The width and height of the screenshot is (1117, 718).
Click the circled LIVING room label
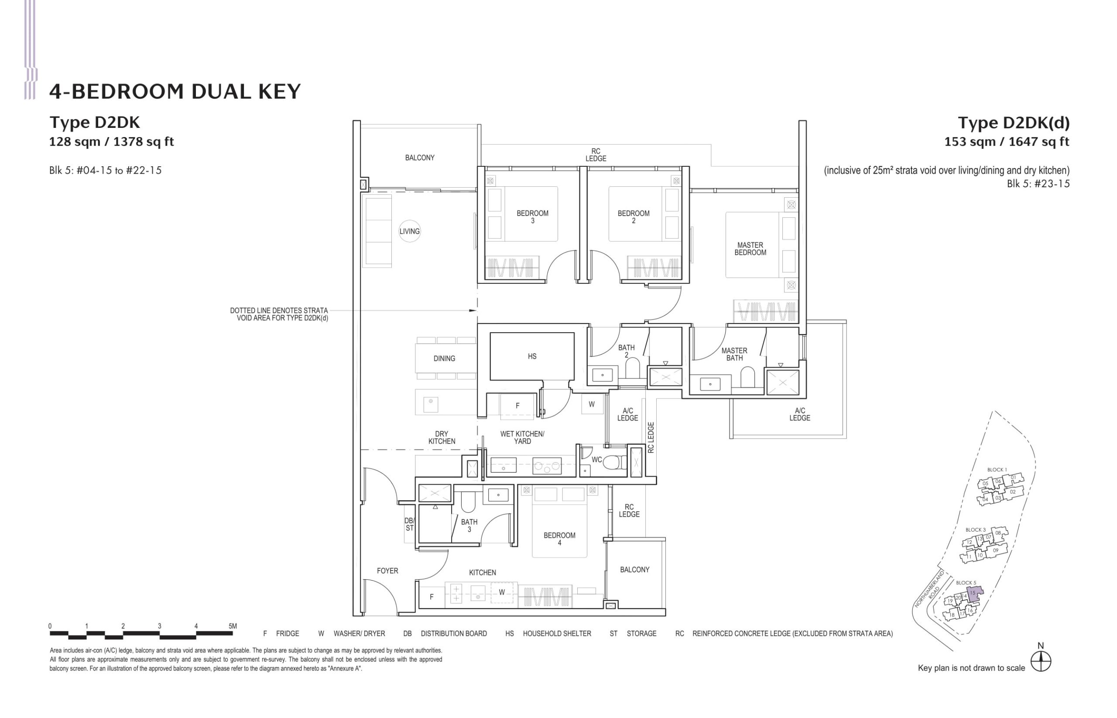409,231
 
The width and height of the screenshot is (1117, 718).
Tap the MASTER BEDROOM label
750,248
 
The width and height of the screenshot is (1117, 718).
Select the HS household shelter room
532,356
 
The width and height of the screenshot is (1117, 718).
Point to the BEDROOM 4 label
559,539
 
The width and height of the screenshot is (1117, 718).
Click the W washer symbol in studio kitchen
501,592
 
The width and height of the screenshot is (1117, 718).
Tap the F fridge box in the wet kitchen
517,405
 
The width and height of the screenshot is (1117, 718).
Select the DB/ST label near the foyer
409,524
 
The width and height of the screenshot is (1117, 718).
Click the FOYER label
387,570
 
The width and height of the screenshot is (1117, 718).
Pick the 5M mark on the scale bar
233,626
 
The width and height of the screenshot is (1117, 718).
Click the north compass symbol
1041,661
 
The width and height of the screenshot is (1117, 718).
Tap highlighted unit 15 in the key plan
974,594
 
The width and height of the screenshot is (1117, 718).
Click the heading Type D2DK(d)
1013,123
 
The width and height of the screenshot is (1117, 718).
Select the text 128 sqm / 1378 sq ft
111,142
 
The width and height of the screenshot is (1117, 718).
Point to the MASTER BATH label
734,354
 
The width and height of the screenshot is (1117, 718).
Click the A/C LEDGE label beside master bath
799,414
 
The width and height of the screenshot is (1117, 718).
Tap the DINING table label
444,358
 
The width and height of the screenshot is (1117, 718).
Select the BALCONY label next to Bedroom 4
634,570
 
